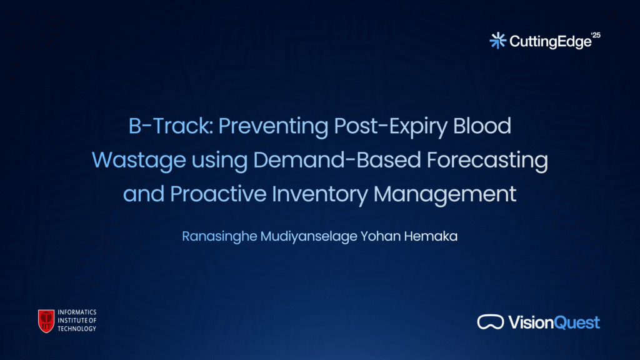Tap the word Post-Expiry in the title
(x=391, y=126)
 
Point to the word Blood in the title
(x=482, y=126)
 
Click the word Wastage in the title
(x=139, y=161)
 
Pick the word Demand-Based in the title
(x=337, y=159)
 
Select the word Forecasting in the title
(x=487, y=161)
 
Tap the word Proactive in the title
(x=218, y=194)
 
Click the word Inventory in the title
(x=320, y=194)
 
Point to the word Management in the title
(x=445, y=194)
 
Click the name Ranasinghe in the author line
(x=219, y=237)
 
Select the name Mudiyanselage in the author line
(x=309, y=237)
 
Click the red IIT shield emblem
(x=46, y=321)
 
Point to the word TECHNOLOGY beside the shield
(x=77, y=329)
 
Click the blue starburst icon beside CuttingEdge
(x=498, y=41)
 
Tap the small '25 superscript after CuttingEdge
(x=596, y=35)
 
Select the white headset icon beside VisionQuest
(x=491, y=322)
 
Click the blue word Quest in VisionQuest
(x=577, y=323)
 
